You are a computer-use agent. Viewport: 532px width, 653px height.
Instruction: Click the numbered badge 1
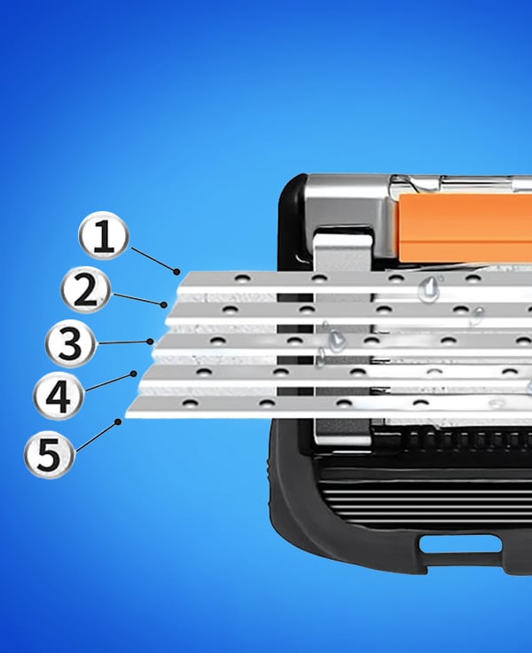pos(103,236)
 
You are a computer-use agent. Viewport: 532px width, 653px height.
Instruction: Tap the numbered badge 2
pos(86,290)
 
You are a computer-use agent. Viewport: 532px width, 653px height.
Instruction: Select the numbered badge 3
pos(70,343)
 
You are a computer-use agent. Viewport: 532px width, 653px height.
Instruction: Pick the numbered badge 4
pos(59,395)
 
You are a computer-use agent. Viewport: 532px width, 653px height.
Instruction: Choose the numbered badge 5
pos(50,453)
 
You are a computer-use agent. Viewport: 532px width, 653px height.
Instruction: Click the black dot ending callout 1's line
pos(177,272)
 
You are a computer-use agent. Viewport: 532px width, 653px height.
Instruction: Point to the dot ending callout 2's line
pos(164,305)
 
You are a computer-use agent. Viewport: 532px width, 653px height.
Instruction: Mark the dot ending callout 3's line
pos(150,342)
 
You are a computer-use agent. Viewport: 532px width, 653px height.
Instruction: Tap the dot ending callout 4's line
pos(134,374)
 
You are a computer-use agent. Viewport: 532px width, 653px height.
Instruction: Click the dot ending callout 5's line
pos(118,421)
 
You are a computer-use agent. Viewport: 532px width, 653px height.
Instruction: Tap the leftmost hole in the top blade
pos(242,278)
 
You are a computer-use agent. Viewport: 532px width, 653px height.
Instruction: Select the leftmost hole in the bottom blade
pos(190,403)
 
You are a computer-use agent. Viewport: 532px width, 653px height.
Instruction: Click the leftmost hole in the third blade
pos(217,341)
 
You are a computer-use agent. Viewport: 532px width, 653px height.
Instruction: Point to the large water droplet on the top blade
pos(429,288)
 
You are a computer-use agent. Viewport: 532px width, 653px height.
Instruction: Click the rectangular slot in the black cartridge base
pos(460,544)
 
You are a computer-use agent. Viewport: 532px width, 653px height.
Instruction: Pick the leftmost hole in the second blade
pos(230,310)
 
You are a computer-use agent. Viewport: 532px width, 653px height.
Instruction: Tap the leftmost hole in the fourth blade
pos(203,372)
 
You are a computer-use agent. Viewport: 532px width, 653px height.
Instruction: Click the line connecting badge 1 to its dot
pos(153,260)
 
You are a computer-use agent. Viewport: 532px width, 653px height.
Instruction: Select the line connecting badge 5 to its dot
pos(97,437)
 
